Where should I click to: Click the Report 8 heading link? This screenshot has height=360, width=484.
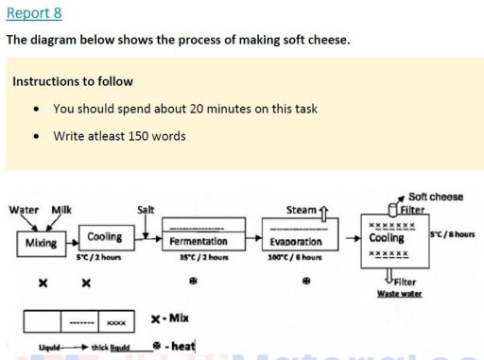coord(34,14)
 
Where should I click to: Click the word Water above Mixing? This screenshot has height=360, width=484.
coord(24,209)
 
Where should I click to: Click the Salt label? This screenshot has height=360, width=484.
coord(147,209)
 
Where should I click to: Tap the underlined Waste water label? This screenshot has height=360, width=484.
coord(399,293)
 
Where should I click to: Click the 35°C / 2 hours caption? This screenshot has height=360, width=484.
coord(199,256)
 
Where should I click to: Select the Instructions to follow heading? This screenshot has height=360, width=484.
coord(73,81)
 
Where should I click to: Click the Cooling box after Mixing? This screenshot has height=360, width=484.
coord(104,238)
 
